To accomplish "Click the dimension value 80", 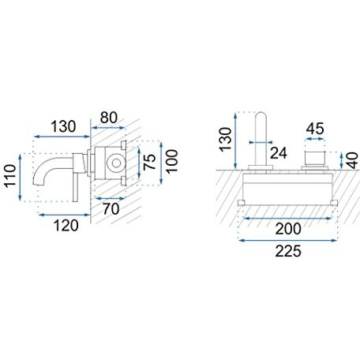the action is (x=108, y=118).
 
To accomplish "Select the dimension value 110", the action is (x=11, y=176).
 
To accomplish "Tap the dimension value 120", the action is (x=66, y=226).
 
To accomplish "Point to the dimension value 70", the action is (x=111, y=209).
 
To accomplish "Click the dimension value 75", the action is (x=149, y=162).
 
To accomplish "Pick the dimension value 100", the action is (x=172, y=161).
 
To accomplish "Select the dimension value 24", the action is (x=279, y=153).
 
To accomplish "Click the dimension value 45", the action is (x=315, y=129).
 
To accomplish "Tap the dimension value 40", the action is (x=352, y=160).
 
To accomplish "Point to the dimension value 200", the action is (x=288, y=229).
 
